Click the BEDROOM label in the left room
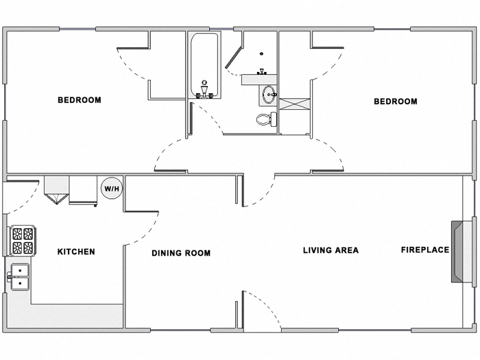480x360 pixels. [x=79, y=100]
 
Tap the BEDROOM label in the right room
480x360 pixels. [x=395, y=101]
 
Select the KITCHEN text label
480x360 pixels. [x=75, y=252]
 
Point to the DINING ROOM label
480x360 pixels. [x=181, y=253]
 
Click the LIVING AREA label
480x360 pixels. [x=331, y=250]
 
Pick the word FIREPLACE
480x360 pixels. [x=424, y=250]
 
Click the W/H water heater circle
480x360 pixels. [x=111, y=187]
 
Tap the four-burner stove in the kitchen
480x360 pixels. [x=21, y=241]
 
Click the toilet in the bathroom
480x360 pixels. [x=265, y=120]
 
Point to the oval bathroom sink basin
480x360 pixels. [x=267, y=95]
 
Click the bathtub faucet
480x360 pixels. [x=204, y=90]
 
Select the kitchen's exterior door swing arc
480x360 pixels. [x=22, y=197]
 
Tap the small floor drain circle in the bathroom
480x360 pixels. [x=261, y=54]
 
